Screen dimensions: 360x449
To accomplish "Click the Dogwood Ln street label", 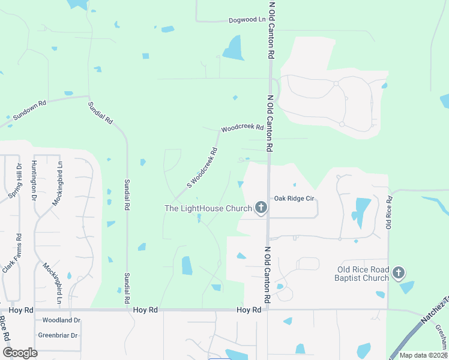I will tap(247, 20).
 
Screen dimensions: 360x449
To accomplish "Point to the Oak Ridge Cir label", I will tap(294, 198).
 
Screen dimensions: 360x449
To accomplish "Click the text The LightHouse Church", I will tap(208, 208).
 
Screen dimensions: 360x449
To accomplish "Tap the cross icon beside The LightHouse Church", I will tap(261, 208).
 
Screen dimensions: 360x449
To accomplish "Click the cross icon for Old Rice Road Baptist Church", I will tap(398, 274).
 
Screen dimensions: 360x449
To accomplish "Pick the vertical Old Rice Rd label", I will tap(389, 212).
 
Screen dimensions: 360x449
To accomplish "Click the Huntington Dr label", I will tap(34, 180).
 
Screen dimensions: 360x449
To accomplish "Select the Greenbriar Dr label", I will tap(58, 335).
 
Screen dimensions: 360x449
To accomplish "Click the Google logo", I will tap(20, 352).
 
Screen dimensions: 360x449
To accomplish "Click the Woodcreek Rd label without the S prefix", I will tap(243, 128).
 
